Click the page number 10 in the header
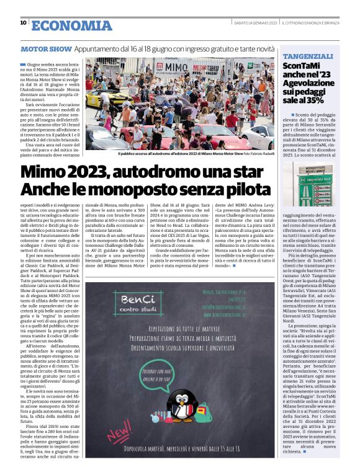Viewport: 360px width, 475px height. pos(23,23)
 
